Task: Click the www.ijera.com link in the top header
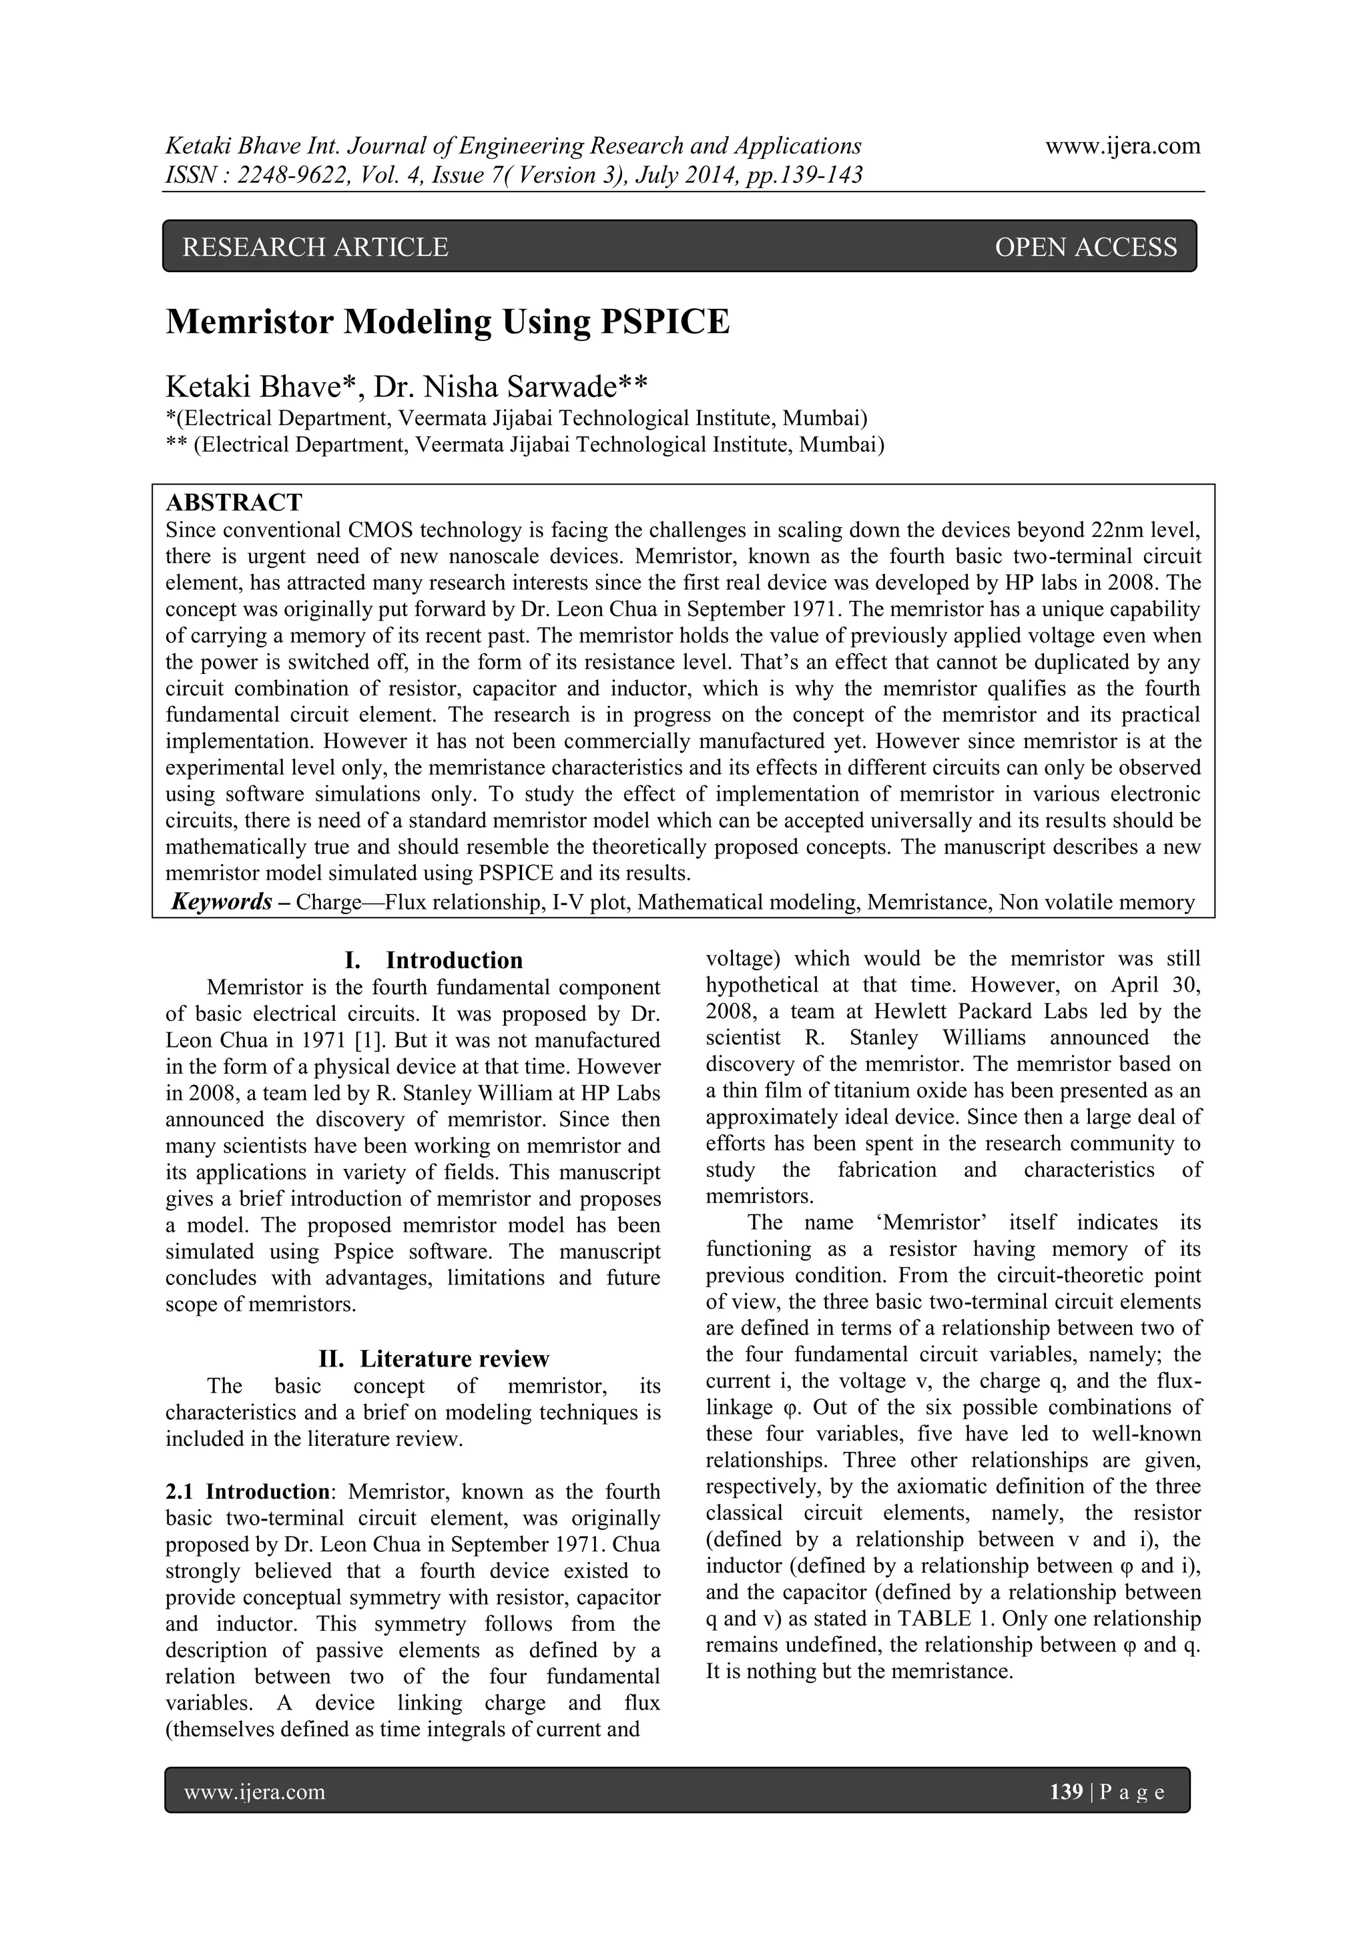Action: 1122,147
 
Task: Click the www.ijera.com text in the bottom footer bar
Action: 254,1792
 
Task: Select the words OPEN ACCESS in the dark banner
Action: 1086,247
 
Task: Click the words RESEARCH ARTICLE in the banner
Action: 316,247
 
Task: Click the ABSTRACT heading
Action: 234,502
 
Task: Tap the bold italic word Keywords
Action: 222,903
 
